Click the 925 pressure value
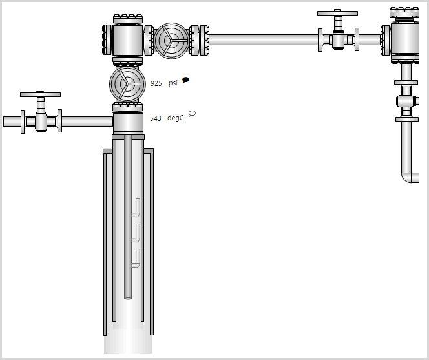[156, 83]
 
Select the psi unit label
[173, 83]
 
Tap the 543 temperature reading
[156, 118]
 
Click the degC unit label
[175, 118]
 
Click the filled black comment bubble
[186, 80]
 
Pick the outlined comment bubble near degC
[192, 113]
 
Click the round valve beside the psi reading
[127, 84]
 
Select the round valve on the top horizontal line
[172, 41]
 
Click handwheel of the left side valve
[40, 94]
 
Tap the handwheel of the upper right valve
[337, 13]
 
